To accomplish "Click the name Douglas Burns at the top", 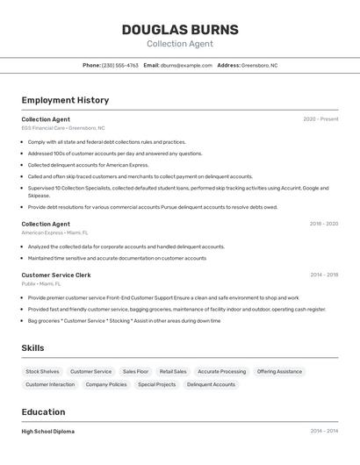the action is [x=179, y=29].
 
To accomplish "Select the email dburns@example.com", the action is [x=188, y=65].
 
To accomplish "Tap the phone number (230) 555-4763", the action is [x=120, y=65].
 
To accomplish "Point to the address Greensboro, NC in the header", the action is [x=259, y=65].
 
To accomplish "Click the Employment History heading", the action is [x=65, y=100].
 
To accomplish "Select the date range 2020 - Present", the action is [x=320, y=119].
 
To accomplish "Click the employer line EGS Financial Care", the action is [x=62, y=128].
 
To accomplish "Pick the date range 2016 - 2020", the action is [x=323, y=224].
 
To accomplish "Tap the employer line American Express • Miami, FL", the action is [x=54, y=232].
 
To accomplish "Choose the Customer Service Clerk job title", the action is [x=56, y=275].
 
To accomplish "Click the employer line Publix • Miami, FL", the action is [x=41, y=283].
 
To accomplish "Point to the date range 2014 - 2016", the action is [x=323, y=275].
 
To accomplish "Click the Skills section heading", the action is [x=32, y=348].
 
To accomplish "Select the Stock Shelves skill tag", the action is [x=42, y=371].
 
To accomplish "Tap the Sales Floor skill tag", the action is [x=135, y=371].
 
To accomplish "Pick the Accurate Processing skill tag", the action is [x=221, y=371].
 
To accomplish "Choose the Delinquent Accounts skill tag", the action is [x=211, y=384].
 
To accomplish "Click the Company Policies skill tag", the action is [x=106, y=384].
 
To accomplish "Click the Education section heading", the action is [x=43, y=411].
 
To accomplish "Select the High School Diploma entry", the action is [x=47, y=432].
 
